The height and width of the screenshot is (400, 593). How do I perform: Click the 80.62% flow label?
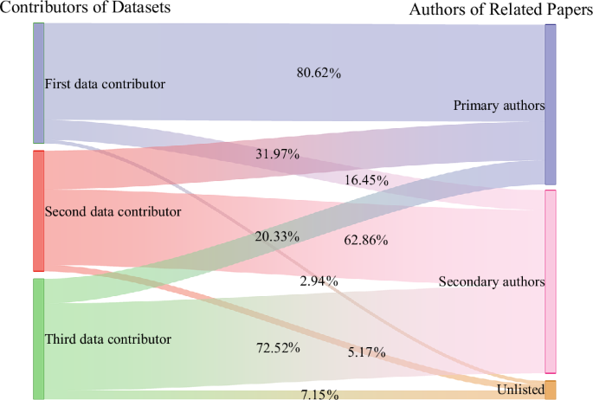(319, 74)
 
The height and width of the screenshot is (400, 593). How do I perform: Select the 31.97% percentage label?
(277, 155)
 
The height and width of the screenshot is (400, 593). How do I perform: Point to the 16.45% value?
(366, 181)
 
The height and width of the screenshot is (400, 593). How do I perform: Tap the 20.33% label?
(277, 236)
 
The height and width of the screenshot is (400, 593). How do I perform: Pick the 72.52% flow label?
(277, 348)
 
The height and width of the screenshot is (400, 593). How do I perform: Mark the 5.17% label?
(366, 352)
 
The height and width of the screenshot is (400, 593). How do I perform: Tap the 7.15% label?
(319, 395)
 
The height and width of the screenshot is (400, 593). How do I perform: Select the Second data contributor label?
(113, 211)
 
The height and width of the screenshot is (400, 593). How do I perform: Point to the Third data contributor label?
(107, 339)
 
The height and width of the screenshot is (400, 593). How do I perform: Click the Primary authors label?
(499, 106)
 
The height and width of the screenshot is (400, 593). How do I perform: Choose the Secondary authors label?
(492, 282)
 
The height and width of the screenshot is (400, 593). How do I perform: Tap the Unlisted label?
(520, 390)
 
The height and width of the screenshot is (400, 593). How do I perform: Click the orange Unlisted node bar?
(551, 390)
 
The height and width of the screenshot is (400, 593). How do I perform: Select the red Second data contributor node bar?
(38, 210)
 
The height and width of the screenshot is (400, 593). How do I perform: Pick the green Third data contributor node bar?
(38, 339)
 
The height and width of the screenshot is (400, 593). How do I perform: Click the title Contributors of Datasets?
(85, 8)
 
